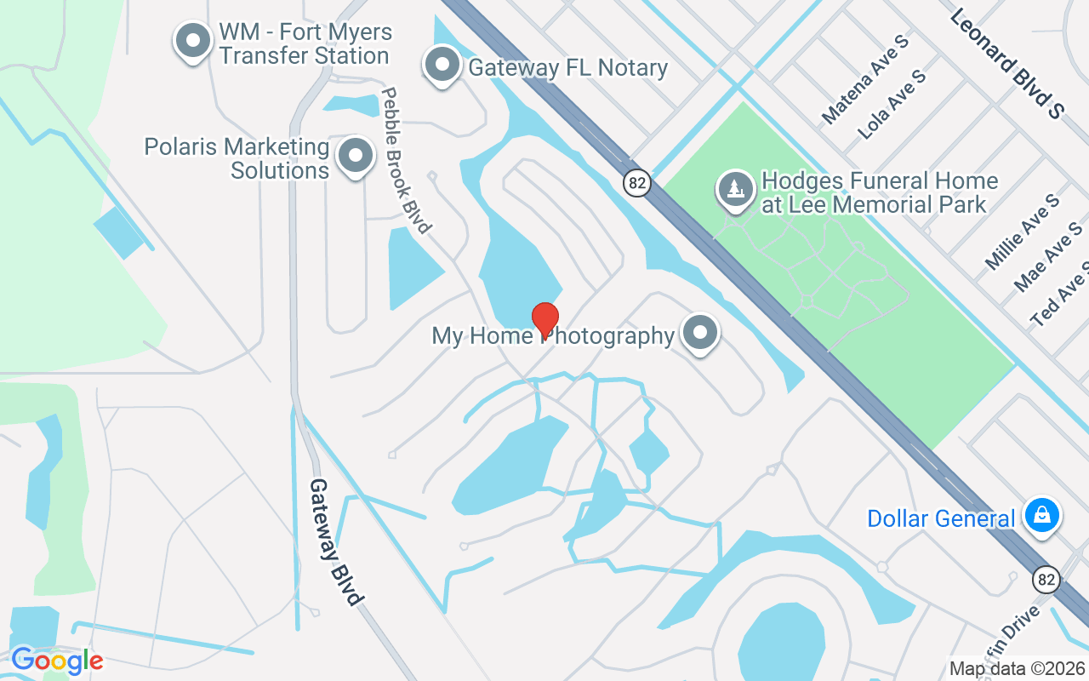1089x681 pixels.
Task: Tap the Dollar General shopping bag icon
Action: (1041, 515)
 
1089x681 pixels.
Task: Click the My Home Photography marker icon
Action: (700, 333)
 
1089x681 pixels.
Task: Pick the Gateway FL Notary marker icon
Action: (442, 65)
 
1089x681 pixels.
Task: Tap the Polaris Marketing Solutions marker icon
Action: (356, 156)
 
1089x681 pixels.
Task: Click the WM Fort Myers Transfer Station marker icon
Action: (192, 41)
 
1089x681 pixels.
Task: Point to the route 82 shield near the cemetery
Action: (636, 182)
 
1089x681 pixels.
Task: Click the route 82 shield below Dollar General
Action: (1047, 580)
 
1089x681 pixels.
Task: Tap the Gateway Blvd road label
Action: (335, 541)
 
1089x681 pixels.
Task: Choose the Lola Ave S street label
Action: (892, 104)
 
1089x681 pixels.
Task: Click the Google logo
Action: (57, 660)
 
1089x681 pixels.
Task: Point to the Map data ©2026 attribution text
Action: (1017, 668)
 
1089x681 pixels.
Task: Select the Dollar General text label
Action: (940, 518)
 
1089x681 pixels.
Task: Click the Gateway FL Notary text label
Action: (567, 68)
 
